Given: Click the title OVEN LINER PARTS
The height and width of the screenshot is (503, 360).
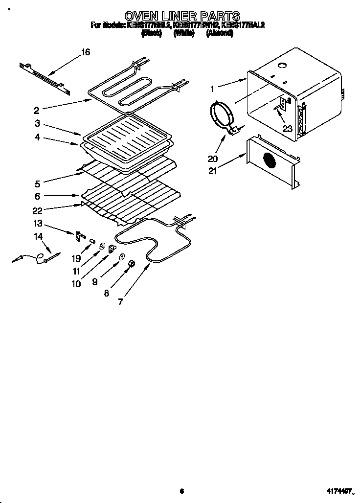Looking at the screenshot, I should pyautogui.click(x=182, y=17).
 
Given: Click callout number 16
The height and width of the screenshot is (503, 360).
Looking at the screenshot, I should pyautogui.click(x=85, y=52).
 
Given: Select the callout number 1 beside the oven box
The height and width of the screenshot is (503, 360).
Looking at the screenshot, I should pyautogui.click(x=212, y=89).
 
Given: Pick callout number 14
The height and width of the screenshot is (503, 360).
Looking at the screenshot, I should pyautogui.click(x=38, y=236).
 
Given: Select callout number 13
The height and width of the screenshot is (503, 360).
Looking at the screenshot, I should pyautogui.click(x=38, y=223).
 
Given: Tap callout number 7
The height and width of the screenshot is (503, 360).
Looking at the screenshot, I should pyautogui.click(x=120, y=301).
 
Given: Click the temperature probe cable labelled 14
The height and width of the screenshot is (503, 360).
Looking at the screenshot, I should pyautogui.click(x=34, y=256).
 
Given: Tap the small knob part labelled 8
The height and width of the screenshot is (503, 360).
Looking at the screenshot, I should pyautogui.click(x=131, y=265).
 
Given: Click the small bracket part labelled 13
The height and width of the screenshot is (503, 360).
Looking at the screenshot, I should pyautogui.click(x=78, y=236).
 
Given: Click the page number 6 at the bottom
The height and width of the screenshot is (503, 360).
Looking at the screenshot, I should pyautogui.click(x=181, y=491).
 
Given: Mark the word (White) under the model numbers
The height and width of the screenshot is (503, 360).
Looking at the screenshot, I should pyautogui.click(x=181, y=33).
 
